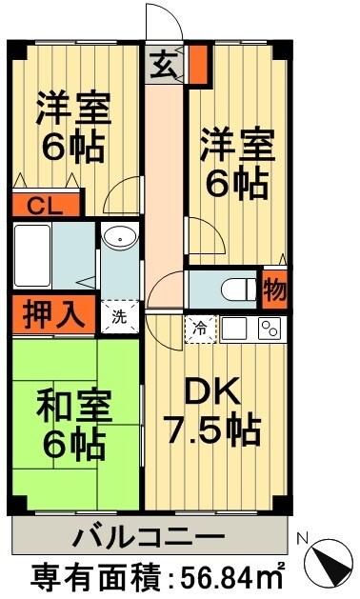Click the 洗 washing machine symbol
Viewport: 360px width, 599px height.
(119, 316)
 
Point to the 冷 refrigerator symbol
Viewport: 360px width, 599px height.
(200, 327)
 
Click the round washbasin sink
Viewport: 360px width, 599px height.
(120, 239)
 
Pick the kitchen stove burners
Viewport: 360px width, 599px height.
(269, 329)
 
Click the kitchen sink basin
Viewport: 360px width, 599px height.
(235, 329)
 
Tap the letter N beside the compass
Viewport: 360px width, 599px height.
(304, 539)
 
